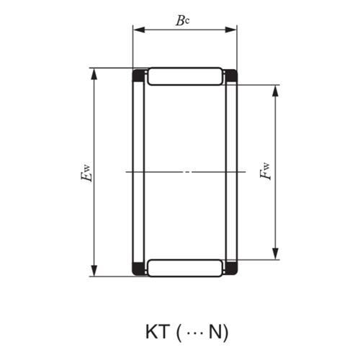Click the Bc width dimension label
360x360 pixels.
click(184, 20)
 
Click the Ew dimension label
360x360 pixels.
click(87, 173)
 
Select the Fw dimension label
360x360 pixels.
click(266, 171)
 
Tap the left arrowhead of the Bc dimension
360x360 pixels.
click(137, 30)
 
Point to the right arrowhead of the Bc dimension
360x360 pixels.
click(232, 30)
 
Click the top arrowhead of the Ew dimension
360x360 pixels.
click(93, 73)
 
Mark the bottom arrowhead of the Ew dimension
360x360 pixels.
click(93, 271)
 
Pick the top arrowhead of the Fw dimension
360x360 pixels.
click(275, 91)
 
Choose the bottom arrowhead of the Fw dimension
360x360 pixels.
click(275, 254)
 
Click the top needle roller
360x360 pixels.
click(185, 76)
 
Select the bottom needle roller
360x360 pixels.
click(185, 268)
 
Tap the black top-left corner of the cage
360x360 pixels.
click(138, 74)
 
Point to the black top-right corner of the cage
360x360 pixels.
click(232, 74)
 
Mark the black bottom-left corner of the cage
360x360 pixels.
click(138, 271)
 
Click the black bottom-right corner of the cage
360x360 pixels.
click(232, 271)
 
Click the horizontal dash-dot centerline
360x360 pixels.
click(185, 172)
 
